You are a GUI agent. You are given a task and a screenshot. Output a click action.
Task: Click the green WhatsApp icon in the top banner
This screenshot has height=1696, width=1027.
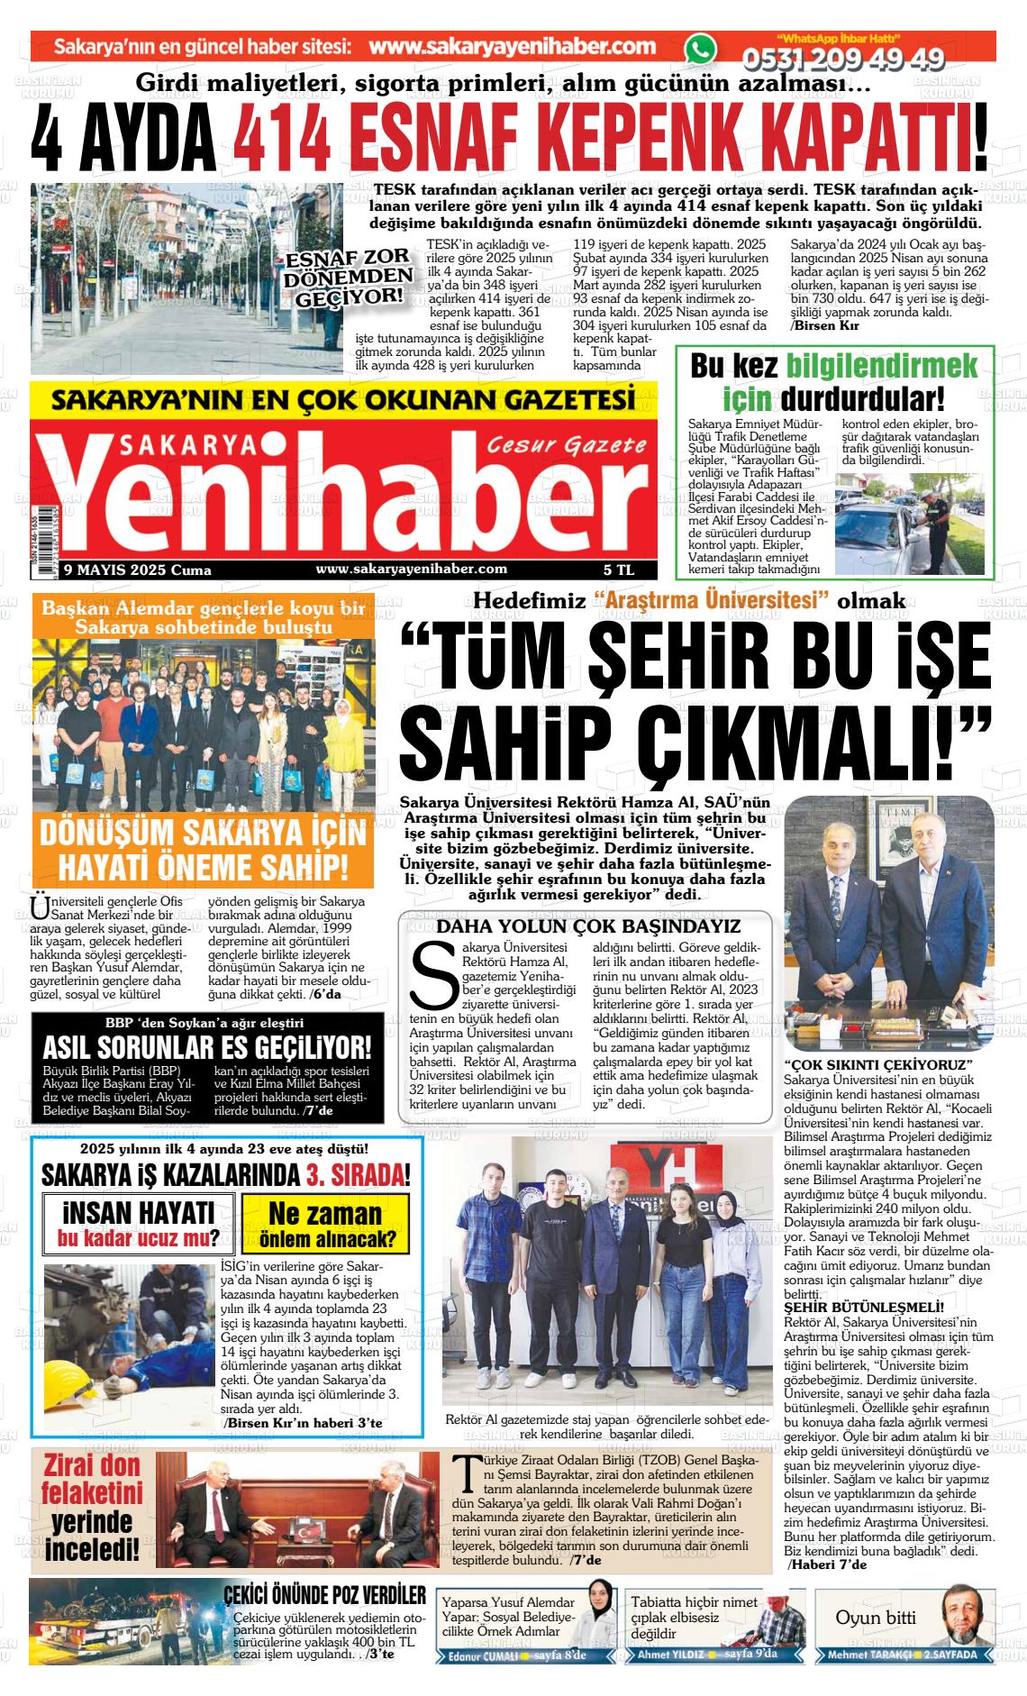click(699, 51)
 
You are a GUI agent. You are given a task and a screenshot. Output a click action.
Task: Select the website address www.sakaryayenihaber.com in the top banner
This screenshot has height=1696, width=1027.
click(512, 47)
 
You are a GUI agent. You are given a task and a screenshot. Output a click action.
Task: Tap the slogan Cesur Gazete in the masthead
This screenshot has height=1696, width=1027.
click(566, 445)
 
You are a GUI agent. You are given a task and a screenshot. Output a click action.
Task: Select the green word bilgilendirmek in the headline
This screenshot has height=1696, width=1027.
click(882, 366)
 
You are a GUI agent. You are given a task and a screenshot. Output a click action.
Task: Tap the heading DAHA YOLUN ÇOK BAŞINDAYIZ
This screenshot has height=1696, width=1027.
click(588, 926)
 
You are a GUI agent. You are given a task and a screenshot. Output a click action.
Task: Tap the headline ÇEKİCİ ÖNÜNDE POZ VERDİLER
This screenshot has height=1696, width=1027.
click(324, 1596)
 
